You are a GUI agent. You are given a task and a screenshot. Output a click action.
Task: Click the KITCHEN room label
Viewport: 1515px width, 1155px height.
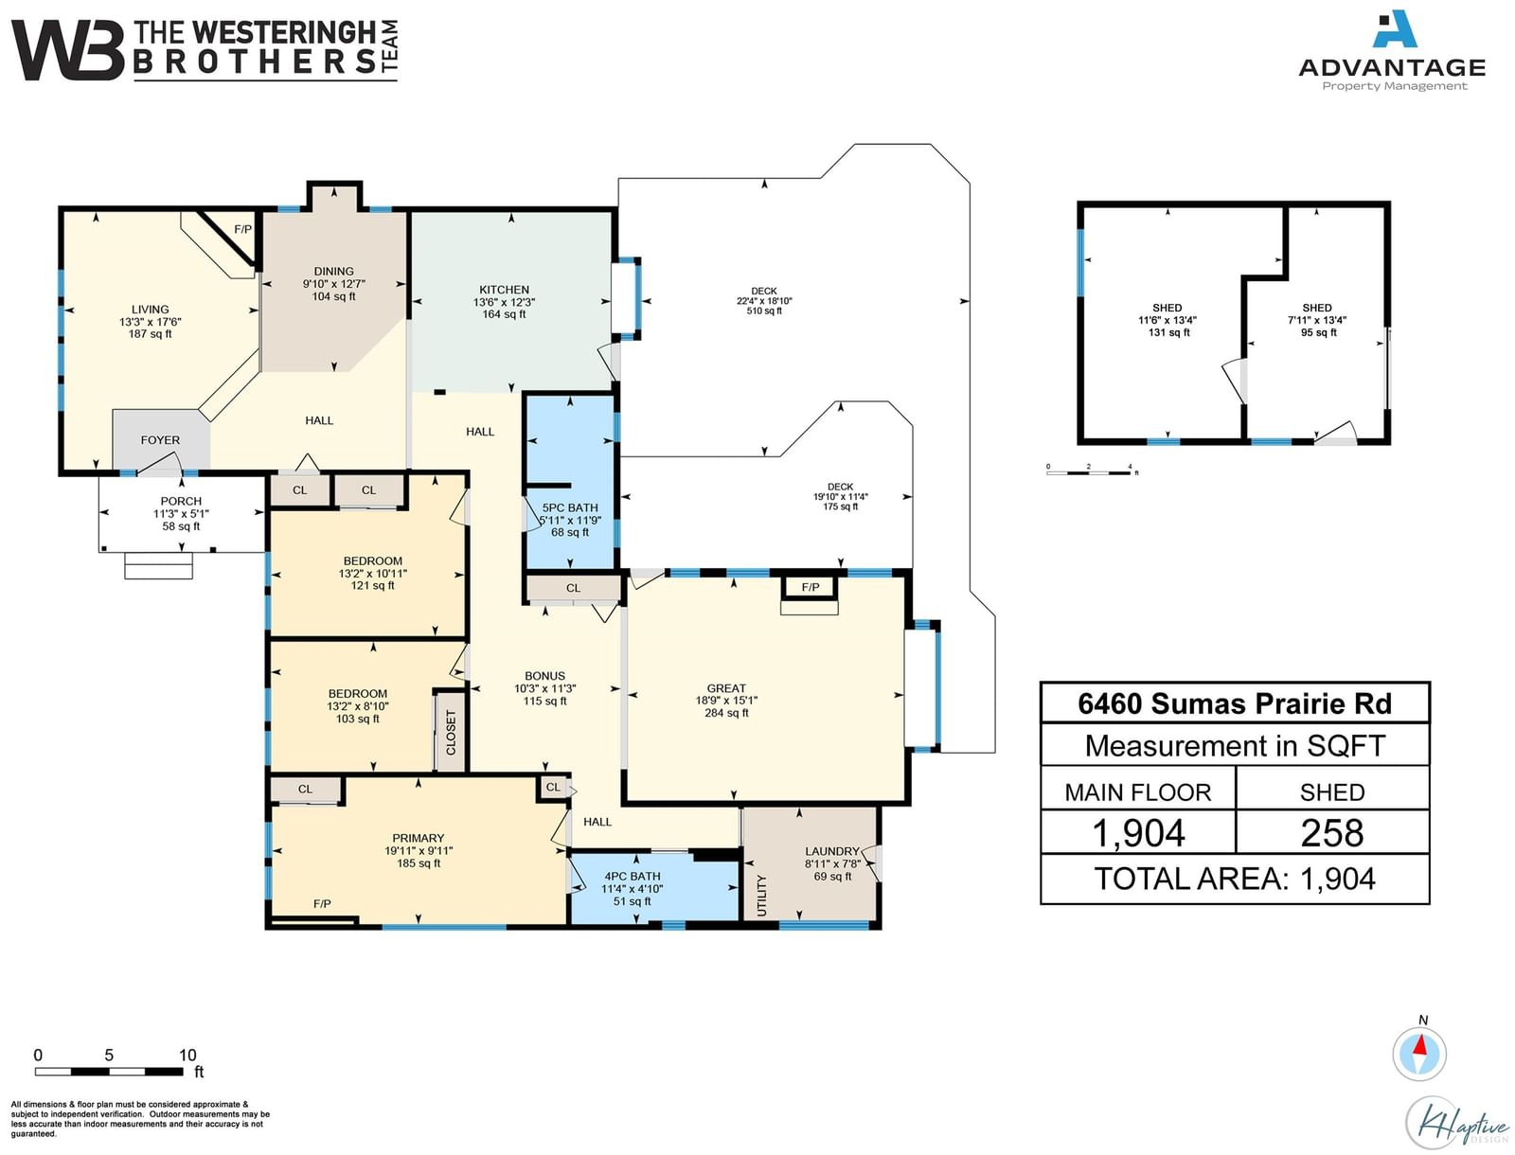(504, 290)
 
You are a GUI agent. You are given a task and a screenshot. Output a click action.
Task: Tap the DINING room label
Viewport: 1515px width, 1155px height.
(333, 271)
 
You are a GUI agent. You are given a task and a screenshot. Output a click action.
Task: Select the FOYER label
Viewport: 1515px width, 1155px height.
(160, 440)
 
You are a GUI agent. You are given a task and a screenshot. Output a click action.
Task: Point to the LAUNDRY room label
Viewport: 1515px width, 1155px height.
(831, 851)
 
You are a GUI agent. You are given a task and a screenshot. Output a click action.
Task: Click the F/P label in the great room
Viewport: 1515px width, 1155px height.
(811, 587)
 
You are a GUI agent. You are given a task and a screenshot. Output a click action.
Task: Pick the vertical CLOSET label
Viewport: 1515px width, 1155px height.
(451, 733)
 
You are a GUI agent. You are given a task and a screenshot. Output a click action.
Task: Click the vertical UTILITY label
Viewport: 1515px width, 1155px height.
(761, 896)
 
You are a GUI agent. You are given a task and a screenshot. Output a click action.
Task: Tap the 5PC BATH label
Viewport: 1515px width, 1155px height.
(570, 507)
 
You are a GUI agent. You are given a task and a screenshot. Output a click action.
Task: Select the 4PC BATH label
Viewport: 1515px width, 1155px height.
(633, 877)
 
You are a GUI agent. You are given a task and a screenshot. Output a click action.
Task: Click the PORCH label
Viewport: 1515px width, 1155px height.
(181, 502)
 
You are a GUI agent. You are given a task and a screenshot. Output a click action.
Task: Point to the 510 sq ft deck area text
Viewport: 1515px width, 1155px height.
(764, 311)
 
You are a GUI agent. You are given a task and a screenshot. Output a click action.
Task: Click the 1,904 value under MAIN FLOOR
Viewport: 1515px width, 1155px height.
(1138, 833)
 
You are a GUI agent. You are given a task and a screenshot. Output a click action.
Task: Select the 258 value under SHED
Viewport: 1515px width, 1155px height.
(1332, 833)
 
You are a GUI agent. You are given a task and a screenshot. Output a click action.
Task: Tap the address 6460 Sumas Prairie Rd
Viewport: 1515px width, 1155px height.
(1235, 703)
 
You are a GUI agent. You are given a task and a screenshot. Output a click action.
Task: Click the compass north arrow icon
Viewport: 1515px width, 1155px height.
(1419, 1055)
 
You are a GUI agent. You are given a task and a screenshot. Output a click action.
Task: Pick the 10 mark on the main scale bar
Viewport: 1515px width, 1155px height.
(187, 1055)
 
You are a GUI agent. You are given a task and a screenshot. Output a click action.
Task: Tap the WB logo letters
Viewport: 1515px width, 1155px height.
(67, 50)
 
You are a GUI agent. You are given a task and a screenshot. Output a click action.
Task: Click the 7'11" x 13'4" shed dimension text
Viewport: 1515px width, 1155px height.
(1317, 320)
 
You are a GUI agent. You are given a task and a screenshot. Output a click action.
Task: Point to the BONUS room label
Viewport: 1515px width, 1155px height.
(544, 676)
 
